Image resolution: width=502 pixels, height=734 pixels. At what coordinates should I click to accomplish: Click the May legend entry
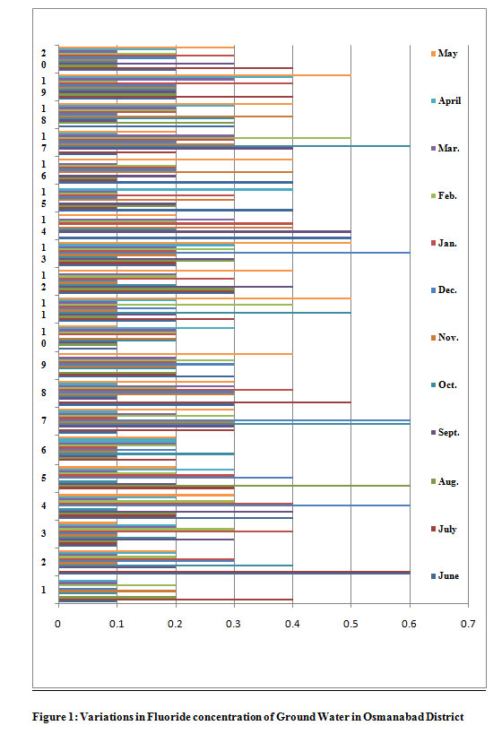click(x=444, y=54)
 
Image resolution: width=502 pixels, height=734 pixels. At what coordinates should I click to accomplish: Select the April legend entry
click(x=446, y=100)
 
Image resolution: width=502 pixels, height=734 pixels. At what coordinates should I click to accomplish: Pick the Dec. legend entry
click(x=444, y=290)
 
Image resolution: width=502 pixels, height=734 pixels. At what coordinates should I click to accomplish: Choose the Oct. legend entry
click(x=444, y=384)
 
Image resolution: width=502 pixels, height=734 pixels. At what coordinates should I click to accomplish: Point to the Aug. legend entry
click(x=445, y=481)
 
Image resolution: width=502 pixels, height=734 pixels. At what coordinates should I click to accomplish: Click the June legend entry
click(x=445, y=575)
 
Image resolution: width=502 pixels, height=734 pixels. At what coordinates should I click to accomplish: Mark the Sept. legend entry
click(x=446, y=433)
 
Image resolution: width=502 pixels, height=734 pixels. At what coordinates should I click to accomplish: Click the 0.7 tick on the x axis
click(x=468, y=624)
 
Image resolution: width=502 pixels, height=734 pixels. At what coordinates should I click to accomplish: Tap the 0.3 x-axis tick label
click(x=234, y=624)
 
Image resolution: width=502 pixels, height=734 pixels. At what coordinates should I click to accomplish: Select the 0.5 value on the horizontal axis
click(x=351, y=624)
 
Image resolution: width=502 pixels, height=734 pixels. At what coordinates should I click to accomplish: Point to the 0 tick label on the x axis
click(x=58, y=624)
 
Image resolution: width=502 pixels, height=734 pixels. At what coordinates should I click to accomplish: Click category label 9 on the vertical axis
click(x=44, y=365)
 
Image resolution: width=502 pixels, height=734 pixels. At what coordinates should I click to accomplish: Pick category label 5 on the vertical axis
click(x=44, y=478)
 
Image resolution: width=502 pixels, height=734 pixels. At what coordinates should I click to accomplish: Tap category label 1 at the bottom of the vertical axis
click(x=44, y=590)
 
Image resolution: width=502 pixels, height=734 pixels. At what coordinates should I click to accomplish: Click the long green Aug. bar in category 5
click(x=234, y=486)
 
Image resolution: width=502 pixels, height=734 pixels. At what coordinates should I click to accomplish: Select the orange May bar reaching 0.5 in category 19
click(x=204, y=75)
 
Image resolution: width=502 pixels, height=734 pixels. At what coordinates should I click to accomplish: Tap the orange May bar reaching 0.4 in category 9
click(x=176, y=354)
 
